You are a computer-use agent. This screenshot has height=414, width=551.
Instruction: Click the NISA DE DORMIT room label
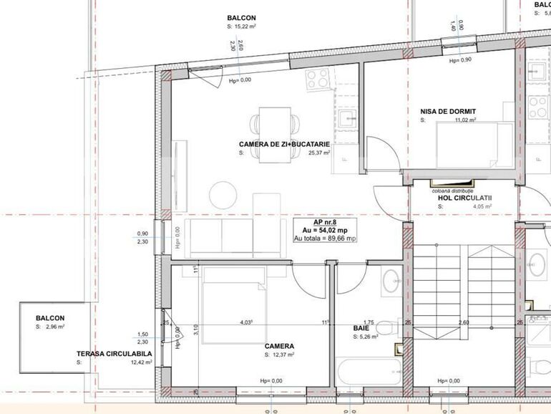[449, 111]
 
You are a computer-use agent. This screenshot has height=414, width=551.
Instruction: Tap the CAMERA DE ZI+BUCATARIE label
[284, 144]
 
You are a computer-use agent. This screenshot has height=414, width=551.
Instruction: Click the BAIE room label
[361, 328]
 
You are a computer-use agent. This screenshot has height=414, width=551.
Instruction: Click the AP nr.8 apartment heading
[323, 222]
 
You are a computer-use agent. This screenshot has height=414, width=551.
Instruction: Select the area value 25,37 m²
[318, 153]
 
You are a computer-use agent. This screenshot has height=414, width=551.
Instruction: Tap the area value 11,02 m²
[466, 120]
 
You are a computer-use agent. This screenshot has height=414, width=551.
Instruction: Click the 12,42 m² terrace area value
[141, 362]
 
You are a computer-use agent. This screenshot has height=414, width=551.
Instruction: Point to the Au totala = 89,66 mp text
[325, 238]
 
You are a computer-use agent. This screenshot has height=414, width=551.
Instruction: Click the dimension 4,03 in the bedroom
[245, 322]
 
